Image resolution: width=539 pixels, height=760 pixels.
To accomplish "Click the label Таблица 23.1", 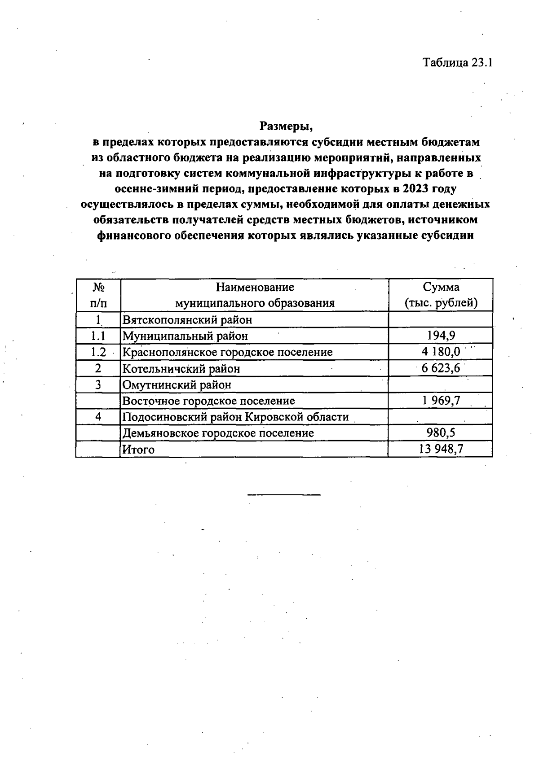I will [x=458, y=62].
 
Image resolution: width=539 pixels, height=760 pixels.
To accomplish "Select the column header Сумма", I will [x=441, y=287].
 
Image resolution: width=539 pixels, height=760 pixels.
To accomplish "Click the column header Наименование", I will [x=255, y=287].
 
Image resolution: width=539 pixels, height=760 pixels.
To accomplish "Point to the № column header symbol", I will [x=98, y=287].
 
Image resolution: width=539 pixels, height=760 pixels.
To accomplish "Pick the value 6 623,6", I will [x=441, y=368].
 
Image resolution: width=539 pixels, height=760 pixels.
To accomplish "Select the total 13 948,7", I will [x=441, y=449].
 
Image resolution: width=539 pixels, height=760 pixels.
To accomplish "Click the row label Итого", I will [x=138, y=450].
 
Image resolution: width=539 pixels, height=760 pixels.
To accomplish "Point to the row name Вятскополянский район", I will [x=187, y=320].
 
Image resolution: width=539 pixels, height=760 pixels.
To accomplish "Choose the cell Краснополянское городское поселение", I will [x=227, y=352].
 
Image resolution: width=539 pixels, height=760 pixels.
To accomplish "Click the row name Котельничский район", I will [x=181, y=369].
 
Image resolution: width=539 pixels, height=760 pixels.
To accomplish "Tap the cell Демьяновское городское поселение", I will [x=218, y=433].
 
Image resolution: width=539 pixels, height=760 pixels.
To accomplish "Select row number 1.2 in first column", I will [x=98, y=352].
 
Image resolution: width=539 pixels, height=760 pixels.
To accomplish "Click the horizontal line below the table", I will [x=284, y=494].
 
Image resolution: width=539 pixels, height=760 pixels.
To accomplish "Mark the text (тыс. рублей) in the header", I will [x=441, y=303].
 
